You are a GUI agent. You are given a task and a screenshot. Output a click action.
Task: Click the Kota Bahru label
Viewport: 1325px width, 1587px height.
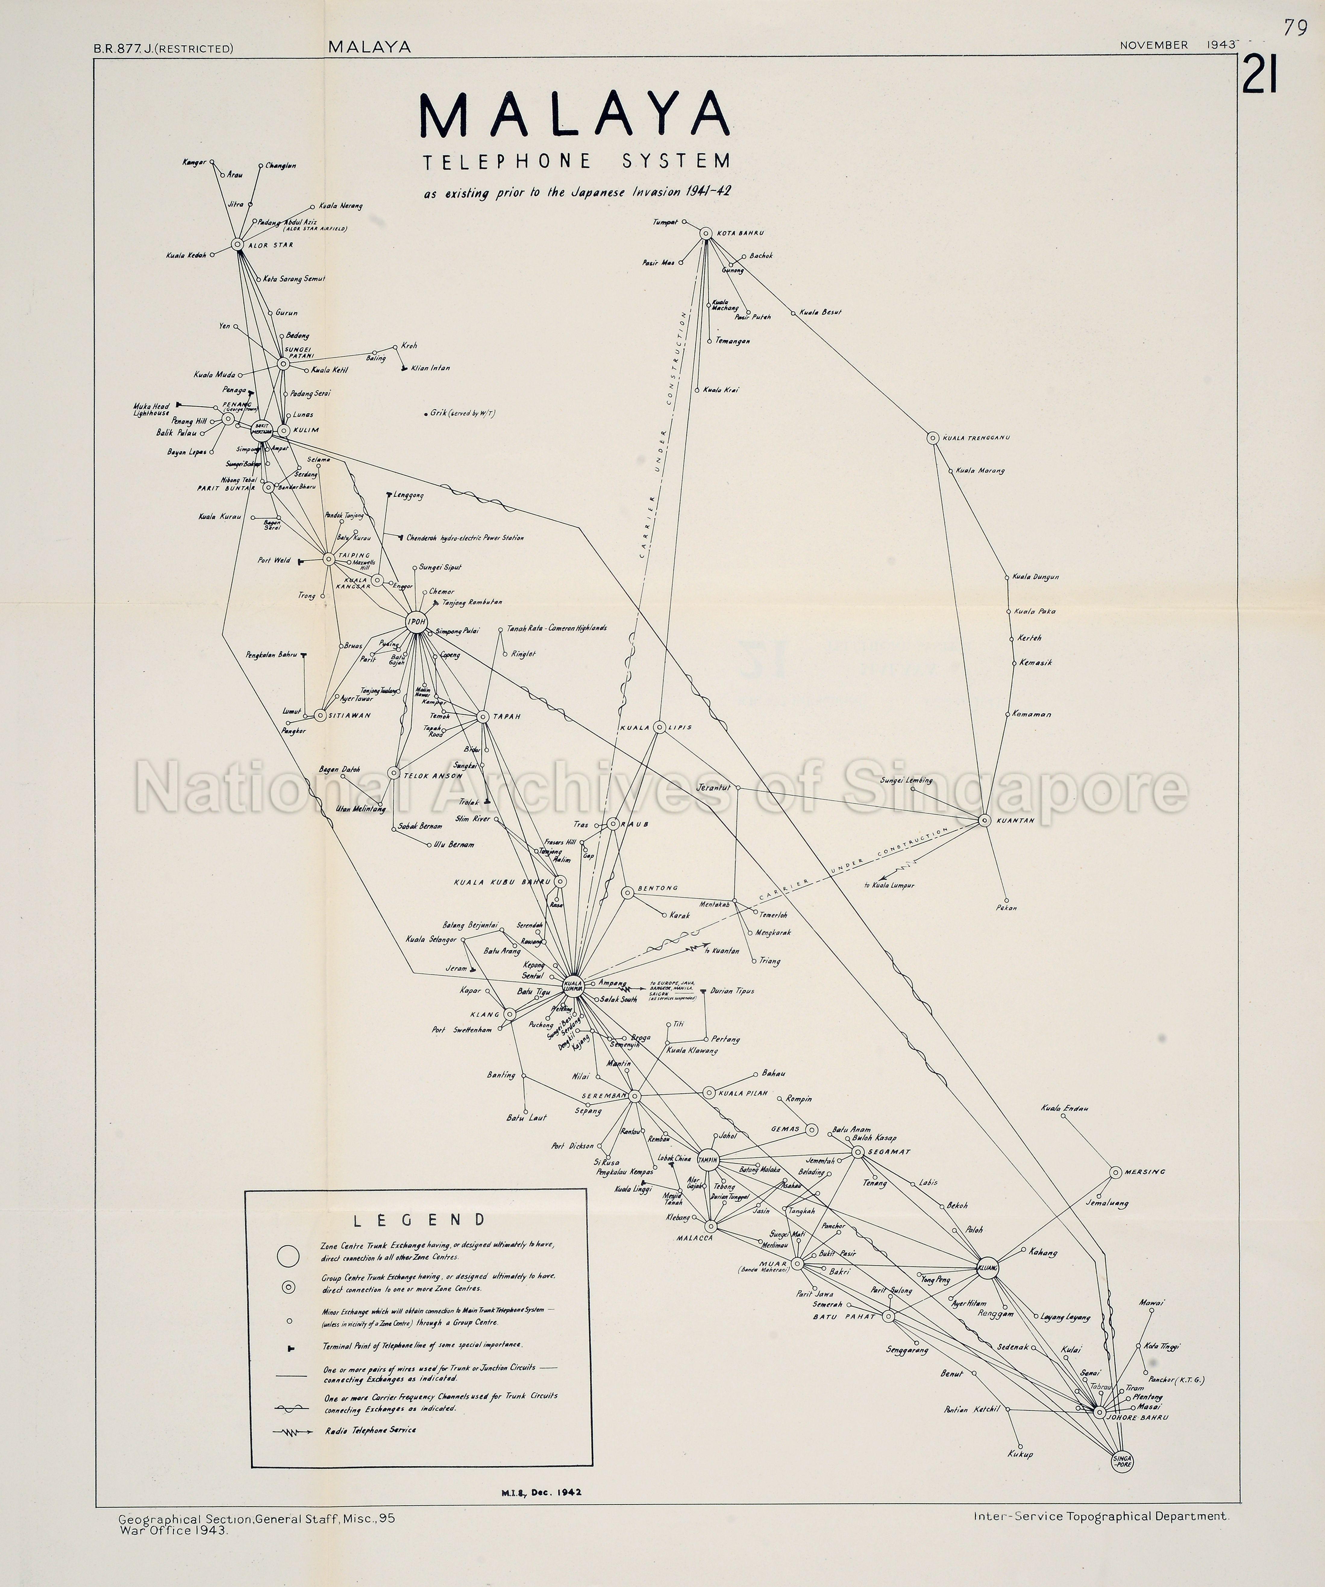[741, 233]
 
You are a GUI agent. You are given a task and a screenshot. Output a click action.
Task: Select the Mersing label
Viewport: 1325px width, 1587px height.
[1145, 1172]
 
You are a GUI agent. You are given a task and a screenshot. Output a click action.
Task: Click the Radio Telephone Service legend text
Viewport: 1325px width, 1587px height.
[370, 1430]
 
